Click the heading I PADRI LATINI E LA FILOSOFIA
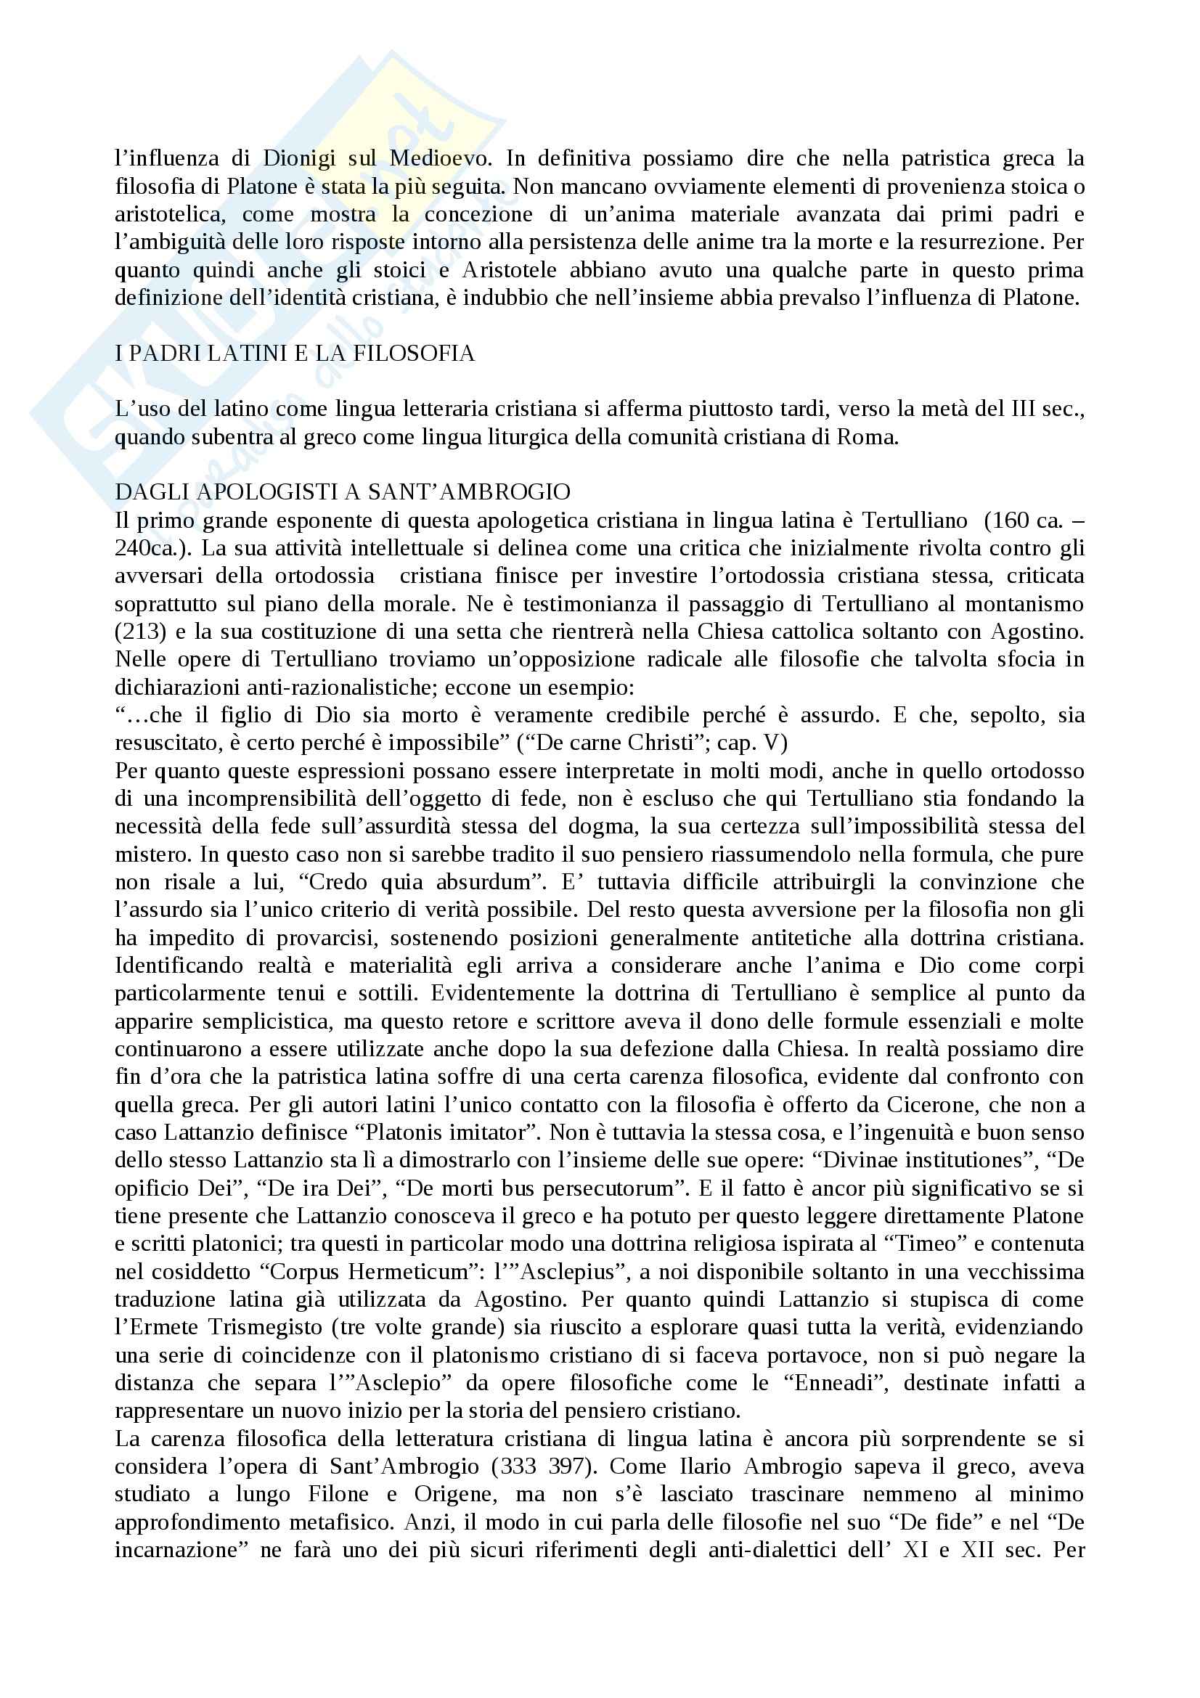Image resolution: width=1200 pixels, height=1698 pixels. pyautogui.click(x=294, y=354)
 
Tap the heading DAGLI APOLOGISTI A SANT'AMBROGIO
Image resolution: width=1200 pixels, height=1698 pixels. pyautogui.click(x=343, y=492)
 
